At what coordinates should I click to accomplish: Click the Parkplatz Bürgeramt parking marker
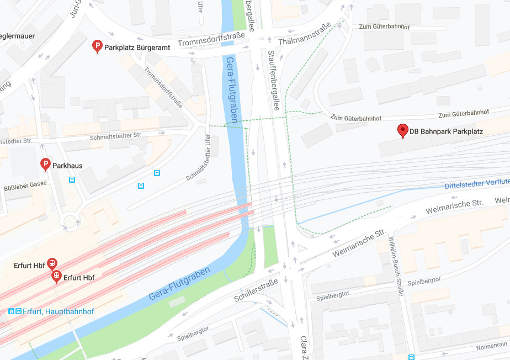97,47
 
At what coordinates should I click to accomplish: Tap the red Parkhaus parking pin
46,164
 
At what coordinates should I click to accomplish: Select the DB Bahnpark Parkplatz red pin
403,131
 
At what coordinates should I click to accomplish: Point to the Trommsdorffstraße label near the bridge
211,40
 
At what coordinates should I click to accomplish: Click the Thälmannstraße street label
305,35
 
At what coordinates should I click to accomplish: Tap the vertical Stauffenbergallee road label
274,80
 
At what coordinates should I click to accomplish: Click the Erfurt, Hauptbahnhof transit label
57,311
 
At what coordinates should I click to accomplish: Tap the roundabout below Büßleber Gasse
71,222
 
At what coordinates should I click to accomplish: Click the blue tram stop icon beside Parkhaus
72,179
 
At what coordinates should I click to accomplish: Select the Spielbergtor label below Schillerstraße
193,333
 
